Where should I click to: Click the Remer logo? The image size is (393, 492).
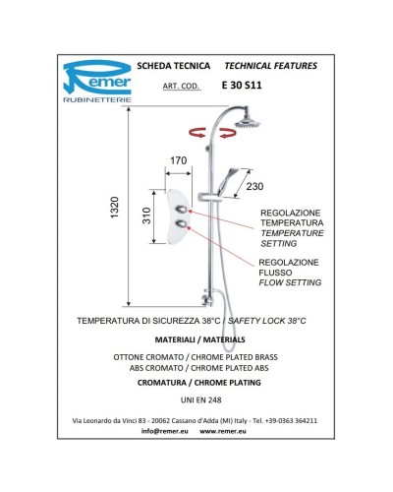point(97,82)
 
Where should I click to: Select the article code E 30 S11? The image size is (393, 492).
point(242,86)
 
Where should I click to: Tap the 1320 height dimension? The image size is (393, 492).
point(114,208)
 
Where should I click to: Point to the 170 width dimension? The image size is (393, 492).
point(179,160)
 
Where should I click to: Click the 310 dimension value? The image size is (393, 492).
point(146,215)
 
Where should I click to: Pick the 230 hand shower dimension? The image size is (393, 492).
point(254,186)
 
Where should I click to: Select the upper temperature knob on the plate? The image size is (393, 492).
point(182,210)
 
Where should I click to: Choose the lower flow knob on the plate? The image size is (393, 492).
point(182,224)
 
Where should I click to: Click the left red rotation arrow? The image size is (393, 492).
point(197,133)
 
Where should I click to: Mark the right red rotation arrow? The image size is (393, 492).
point(228,133)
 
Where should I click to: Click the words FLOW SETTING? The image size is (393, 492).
point(290,282)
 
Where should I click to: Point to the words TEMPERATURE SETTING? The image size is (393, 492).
point(292,238)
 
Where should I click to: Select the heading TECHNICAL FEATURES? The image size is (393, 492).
point(271,66)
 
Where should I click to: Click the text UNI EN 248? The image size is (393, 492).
point(200,400)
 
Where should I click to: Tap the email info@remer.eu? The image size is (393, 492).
point(165,431)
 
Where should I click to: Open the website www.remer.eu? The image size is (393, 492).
point(223,431)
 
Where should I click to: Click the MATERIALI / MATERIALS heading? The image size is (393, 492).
point(199,339)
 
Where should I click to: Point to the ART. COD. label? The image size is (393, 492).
point(181,86)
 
